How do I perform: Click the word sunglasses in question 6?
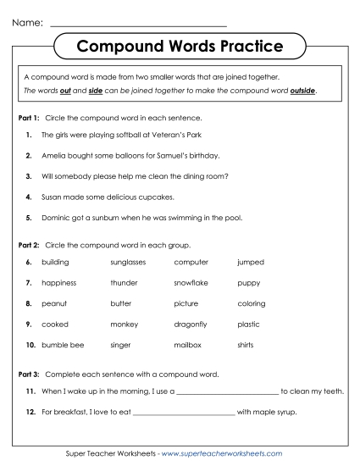128,263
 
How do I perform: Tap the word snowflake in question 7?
191,283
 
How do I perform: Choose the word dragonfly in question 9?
191,324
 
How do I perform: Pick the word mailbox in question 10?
188,345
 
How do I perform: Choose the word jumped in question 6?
251,263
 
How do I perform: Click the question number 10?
30,345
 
